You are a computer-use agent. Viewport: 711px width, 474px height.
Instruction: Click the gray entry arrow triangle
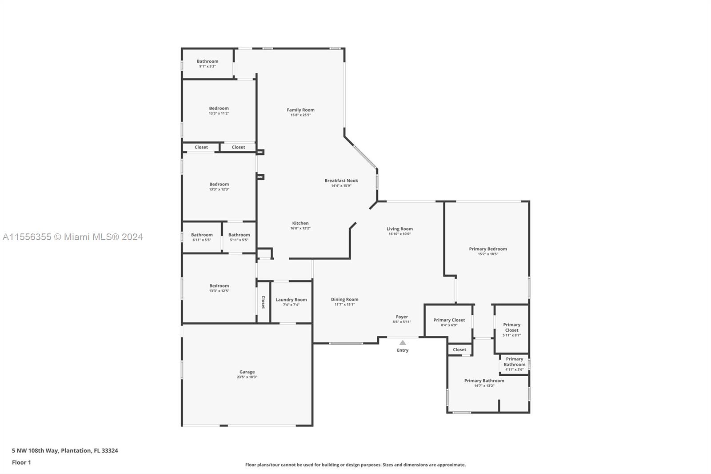(x=403, y=342)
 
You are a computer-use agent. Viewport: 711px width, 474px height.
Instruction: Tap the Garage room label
(x=247, y=372)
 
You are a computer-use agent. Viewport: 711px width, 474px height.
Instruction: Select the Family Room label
(x=300, y=110)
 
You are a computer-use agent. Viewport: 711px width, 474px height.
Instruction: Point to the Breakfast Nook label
(x=341, y=181)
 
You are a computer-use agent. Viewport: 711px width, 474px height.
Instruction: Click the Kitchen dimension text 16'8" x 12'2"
(x=300, y=228)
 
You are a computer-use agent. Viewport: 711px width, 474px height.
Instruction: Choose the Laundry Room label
(x=291, y=300)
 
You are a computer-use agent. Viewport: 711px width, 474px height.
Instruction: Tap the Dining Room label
(x=344, y=299)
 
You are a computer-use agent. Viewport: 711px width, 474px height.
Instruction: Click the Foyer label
(x=402, y=317)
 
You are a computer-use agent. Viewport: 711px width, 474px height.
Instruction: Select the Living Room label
(x=399, y=229)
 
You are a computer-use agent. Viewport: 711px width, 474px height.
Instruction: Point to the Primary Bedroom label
(x=488, y=249)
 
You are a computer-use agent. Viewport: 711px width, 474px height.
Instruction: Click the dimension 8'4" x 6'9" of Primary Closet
(x=449, y=325)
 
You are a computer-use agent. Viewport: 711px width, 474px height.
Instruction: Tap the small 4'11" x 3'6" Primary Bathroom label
(x=514, y=364)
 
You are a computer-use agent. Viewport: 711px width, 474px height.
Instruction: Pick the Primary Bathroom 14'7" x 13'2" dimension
(x=484, y=386)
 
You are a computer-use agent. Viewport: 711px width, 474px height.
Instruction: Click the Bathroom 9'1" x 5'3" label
(x=208, y=63)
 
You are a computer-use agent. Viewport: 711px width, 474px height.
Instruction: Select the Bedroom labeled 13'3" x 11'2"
(x=219, y=110)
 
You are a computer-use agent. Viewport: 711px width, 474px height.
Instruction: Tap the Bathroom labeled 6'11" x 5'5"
(x=202, y=237)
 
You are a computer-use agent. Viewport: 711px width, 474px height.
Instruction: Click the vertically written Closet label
(x=263, y=302)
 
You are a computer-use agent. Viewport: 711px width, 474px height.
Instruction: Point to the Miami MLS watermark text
(x=73, y=237)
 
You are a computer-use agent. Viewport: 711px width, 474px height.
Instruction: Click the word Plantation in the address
(x=75, y=450)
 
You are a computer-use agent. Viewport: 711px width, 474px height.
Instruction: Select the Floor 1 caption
(x=21, y=462)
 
